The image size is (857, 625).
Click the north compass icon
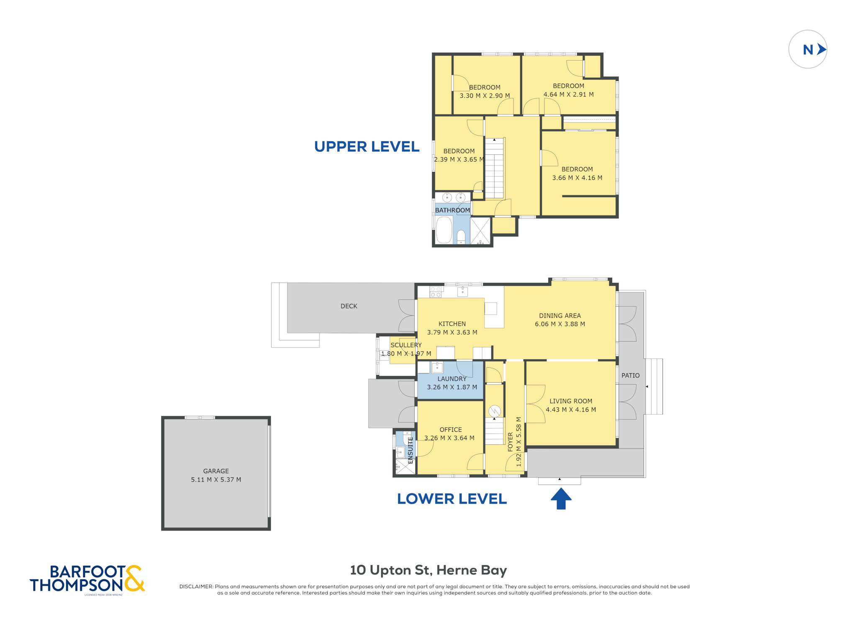[808, 49]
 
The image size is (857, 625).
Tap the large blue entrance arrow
[561, 499]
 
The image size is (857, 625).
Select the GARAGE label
[216, 471]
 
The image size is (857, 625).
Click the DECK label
[349, 306]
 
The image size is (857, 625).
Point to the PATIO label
[630, 376]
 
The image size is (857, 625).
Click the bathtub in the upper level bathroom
[444, 230]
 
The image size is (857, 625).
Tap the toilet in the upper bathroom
[461, 237]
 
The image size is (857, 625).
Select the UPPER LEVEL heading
[367, 146]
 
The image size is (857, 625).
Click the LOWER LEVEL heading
[452, 499]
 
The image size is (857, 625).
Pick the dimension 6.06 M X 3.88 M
[560, 324]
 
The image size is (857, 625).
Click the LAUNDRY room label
[452, 379]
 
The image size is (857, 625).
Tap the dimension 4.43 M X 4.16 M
[571, 410]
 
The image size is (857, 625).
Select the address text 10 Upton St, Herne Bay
[428, 570]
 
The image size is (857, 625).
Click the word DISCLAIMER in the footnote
[196, 587]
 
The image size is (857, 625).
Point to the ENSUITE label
[411, 450]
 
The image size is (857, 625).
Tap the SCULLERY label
[406, 345]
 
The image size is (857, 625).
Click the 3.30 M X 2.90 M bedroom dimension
[485, 96]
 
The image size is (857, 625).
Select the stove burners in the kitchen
[436, 292]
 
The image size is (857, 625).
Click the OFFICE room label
[451, 430]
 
